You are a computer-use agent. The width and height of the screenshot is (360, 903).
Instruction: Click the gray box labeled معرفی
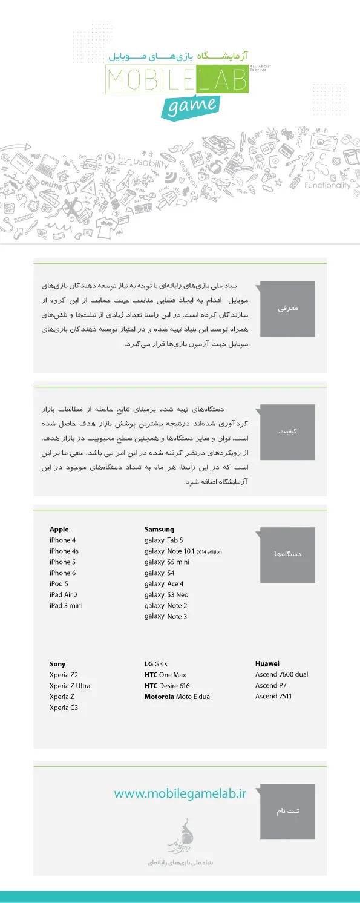(x=287, y=308)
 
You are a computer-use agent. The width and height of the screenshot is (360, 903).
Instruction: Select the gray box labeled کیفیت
(x=287, y=432)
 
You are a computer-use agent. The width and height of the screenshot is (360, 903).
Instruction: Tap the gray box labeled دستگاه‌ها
(x=287, y=554)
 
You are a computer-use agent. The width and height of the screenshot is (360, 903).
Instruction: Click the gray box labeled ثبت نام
(x=287, y=811)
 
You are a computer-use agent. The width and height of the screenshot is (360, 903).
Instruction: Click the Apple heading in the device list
(x=59, y=530)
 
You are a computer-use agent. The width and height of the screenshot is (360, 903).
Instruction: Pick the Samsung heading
(x=159, y=530)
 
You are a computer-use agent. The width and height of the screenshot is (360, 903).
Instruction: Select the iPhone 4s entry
(x=64, y=551)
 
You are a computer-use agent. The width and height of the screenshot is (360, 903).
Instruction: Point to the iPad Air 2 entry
(x=64, y=595)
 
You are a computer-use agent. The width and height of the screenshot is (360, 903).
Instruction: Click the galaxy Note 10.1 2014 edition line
(x=187, y=551)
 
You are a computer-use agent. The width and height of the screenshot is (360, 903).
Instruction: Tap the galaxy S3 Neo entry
(x=166, y=595)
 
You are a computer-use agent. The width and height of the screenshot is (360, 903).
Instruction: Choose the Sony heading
(x=57, y=664)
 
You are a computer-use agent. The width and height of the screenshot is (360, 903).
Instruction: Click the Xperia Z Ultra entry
(x=70, y=686)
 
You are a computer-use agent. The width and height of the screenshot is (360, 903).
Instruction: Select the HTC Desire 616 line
(x=167, y=686)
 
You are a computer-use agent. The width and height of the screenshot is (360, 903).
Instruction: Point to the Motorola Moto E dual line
(x=178, y=697)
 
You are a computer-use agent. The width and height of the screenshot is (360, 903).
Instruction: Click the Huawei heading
(x=267, y=663)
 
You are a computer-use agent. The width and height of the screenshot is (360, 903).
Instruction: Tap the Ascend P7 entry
(x=271, y=685)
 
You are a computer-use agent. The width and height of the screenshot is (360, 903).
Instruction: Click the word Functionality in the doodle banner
(x=327, y=185)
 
